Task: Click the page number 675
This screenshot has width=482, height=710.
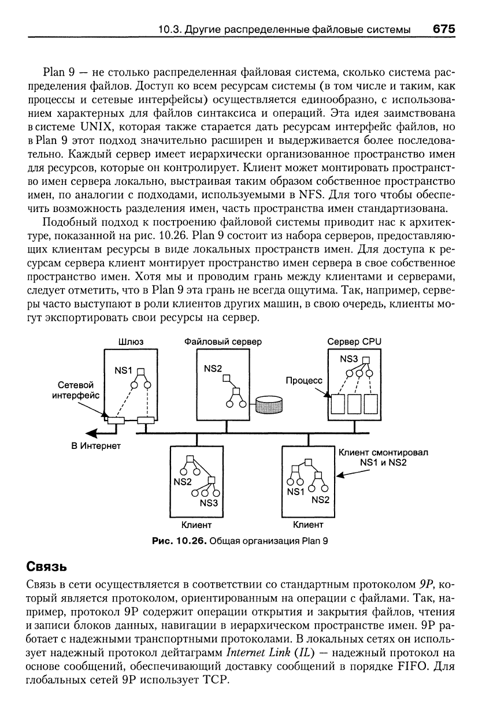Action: [444, 29]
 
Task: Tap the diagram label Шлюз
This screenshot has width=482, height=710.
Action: [131, 341]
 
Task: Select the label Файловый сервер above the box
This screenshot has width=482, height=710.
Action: [223, 341]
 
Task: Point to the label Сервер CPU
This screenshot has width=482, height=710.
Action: [354, 341]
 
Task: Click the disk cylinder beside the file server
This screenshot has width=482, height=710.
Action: [269, 404]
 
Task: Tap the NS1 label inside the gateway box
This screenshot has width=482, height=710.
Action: [123, 370]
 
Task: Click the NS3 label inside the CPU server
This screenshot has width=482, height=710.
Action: [349, 359]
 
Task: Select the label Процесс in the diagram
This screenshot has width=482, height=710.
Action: [304, 380]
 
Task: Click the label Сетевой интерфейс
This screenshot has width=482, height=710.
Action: [76, 390]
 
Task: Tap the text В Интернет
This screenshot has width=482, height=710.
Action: [96, 446]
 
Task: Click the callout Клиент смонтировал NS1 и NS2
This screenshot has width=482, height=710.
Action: [383, 458]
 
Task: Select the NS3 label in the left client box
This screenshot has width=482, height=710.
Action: [209, 503]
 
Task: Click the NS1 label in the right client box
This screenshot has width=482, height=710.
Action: [295, 492]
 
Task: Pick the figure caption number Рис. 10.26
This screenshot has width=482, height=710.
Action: [180, 541]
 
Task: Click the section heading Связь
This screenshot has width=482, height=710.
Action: [47, 566]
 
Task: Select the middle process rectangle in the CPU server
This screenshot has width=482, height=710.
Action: [354, 404]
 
